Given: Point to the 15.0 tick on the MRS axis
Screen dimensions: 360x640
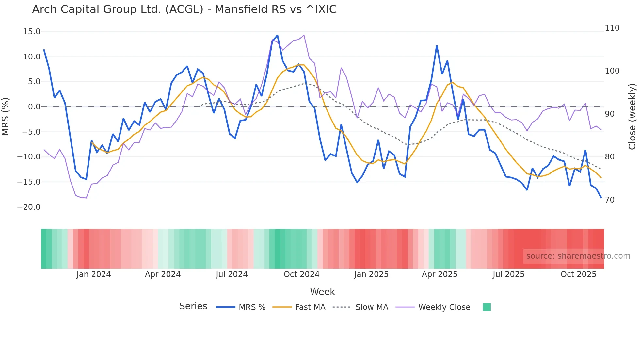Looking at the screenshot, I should [32, 32].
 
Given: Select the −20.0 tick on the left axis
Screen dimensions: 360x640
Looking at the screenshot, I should [29, 207].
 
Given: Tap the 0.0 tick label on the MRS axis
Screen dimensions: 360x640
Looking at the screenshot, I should [34, 107].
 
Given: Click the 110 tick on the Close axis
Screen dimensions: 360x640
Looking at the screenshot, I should [612, 28].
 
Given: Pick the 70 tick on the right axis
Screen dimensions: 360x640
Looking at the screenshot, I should [610, 200].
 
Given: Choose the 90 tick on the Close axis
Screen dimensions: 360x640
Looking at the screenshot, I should [610, 114].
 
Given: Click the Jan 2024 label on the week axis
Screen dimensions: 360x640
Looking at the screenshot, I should [94, 274].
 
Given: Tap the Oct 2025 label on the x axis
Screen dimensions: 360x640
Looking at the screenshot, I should [578, 274].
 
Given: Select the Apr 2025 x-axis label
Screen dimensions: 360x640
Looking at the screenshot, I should [440, 274].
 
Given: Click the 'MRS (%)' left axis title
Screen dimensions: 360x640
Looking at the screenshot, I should [6, 117].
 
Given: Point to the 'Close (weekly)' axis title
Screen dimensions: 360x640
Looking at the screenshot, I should [632, 117].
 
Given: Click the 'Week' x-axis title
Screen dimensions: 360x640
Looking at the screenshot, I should [322, 292].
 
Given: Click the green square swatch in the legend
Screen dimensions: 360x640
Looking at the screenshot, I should [487, 307].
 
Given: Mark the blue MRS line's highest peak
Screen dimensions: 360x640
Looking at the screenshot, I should [277, 35].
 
